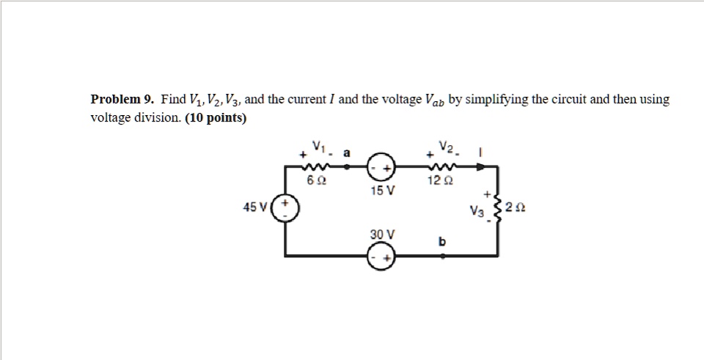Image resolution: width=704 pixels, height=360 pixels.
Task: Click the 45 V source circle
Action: [285, 207]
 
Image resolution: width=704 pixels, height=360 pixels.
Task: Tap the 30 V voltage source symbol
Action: [381, 257]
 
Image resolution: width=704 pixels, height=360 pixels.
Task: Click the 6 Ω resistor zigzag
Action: [316, 166]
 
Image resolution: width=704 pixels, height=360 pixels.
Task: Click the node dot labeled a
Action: [346, 166]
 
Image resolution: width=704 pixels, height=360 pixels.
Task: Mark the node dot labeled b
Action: [441, 257]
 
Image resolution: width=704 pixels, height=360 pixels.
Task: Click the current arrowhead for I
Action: [480, 166]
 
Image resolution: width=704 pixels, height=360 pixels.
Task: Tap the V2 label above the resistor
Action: [445, 147]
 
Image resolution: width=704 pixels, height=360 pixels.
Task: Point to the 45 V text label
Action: [255, 207]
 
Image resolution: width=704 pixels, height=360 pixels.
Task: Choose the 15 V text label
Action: [382, 191]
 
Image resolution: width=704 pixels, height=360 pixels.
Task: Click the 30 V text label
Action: [382, 234]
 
